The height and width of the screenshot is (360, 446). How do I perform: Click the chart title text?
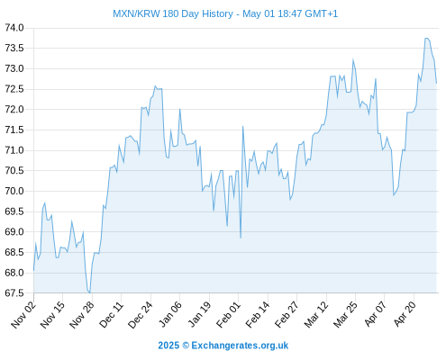(225, 13)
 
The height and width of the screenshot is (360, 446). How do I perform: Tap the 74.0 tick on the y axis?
(14, 28)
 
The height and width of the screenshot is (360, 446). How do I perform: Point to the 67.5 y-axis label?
(14, 292)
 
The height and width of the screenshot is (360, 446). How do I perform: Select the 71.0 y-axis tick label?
(14, 150)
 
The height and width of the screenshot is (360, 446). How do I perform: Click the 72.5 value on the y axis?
(14, 89)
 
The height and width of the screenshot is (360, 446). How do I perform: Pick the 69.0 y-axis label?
(14, 231)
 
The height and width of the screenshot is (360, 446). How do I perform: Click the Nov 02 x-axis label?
(23, 315)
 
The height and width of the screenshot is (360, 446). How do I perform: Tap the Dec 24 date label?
(141, 315)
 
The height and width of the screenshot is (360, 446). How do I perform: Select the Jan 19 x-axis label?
(199, 315)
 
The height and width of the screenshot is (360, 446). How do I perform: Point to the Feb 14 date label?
(258, 315)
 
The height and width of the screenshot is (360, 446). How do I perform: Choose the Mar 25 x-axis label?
(345, 315)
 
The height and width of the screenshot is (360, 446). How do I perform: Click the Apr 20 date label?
(405, 314)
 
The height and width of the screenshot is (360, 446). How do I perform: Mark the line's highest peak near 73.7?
(426, 38)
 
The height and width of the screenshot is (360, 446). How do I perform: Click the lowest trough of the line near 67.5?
(89, 292)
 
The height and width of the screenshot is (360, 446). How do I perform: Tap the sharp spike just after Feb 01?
(242, 127)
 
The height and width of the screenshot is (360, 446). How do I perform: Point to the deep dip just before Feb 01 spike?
(241, 238)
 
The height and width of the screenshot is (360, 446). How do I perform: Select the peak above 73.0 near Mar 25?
(353, 59)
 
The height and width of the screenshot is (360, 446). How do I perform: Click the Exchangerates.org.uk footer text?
(240, 346)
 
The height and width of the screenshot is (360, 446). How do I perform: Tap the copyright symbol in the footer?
(186, 346)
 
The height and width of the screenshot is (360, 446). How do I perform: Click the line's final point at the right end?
(436, 83)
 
